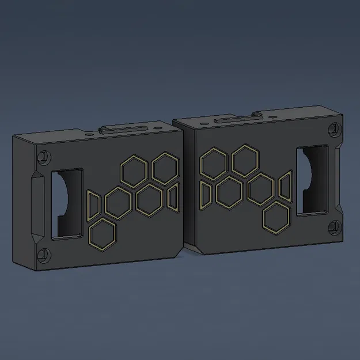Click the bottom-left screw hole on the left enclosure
point(43,253)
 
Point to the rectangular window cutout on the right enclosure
point(312,181)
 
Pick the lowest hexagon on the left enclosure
point(103,234)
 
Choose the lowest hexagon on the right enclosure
point(276,217)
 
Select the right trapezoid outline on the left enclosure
point(173,195)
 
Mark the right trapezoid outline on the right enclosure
point(285,187)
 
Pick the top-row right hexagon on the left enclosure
point(165,167)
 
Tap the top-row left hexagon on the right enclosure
point(212,162)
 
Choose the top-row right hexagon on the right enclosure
point(244,161)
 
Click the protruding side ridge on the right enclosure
point(339,179)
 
